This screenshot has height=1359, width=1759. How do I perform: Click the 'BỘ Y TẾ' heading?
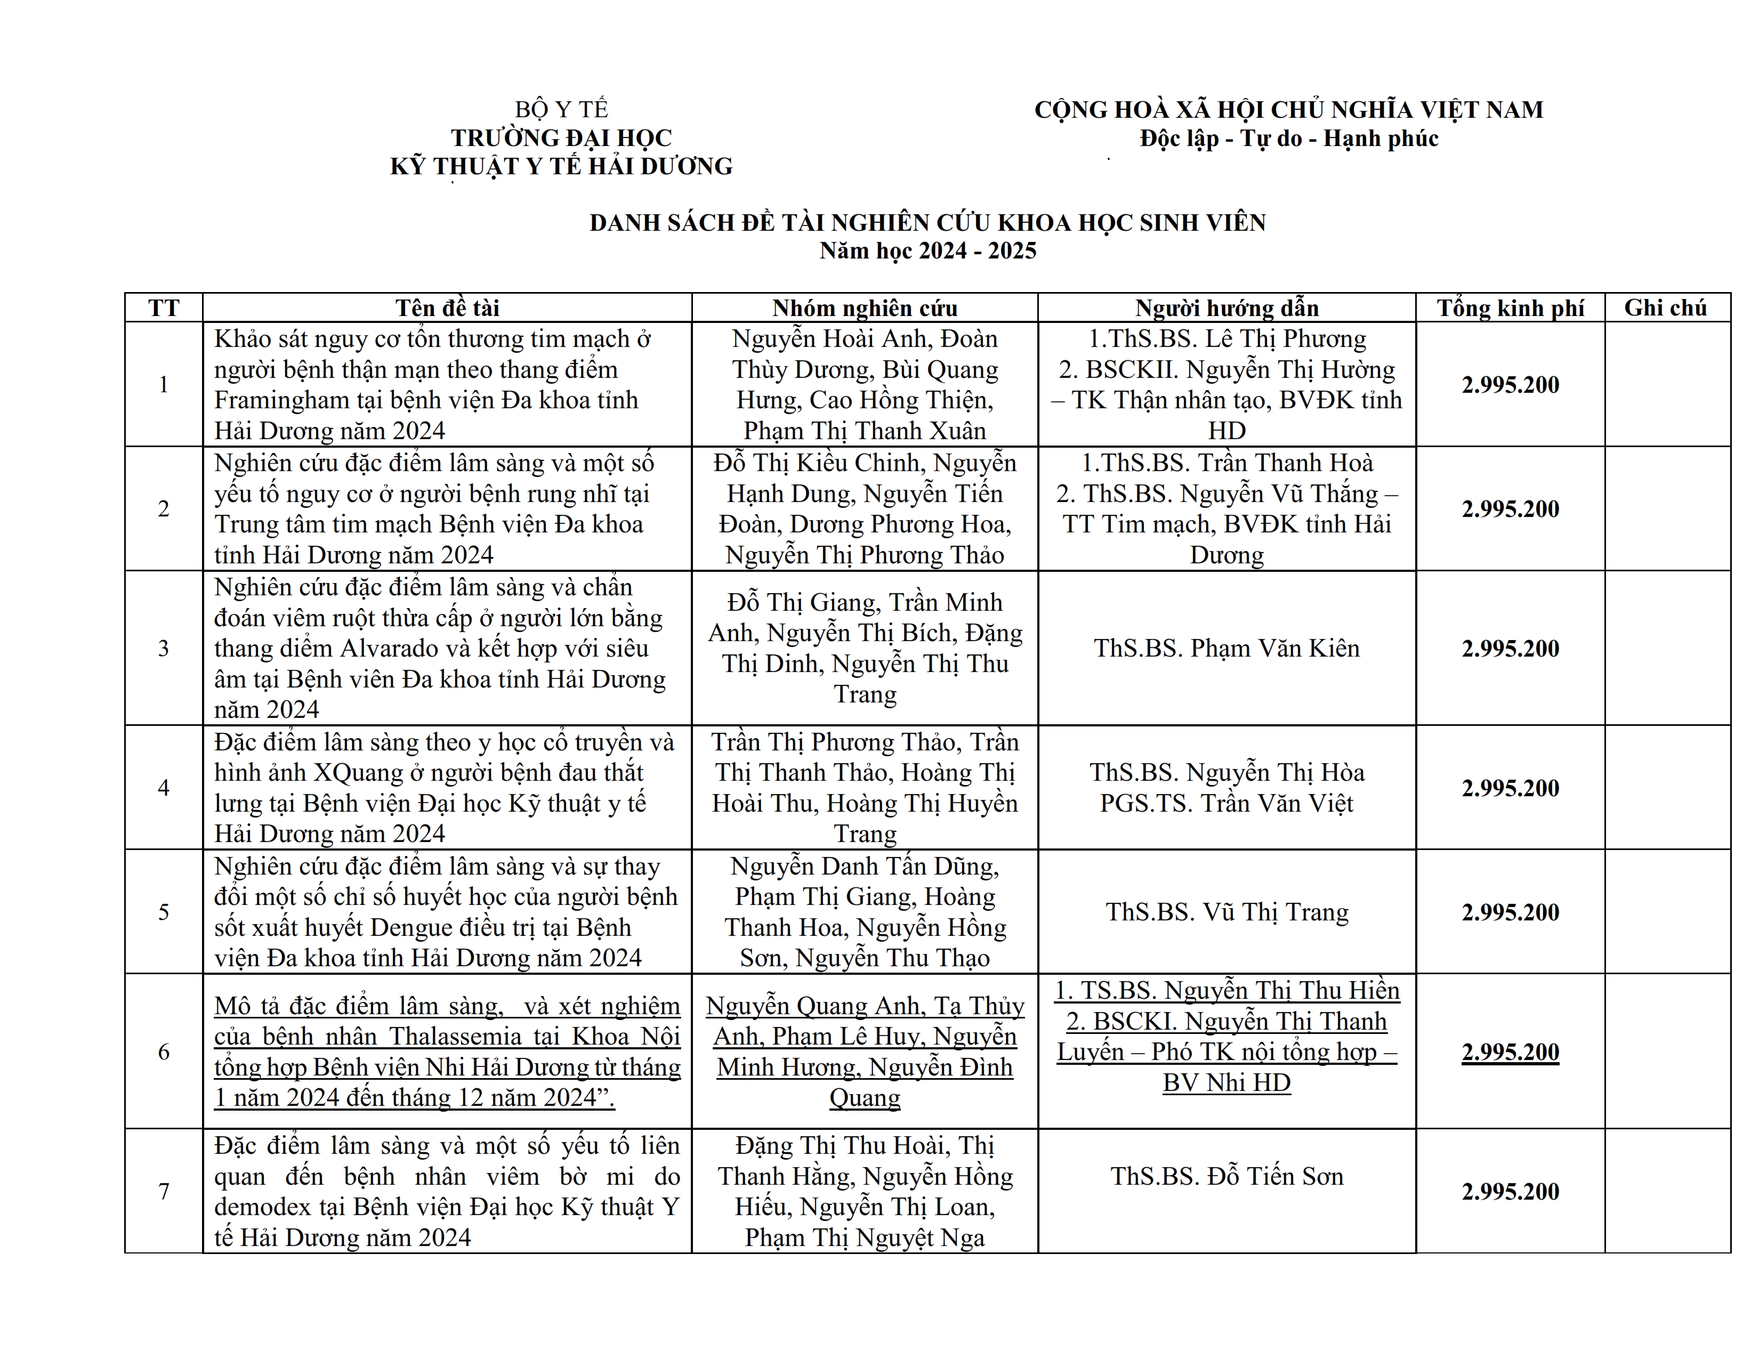point(561,109)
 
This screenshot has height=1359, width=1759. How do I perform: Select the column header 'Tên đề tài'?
point(447,308)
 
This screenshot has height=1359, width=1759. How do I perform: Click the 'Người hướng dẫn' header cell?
point(1227,308)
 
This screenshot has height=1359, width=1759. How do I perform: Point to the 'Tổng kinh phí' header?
point(1510,308)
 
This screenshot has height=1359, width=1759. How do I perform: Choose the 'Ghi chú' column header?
point(1666,308)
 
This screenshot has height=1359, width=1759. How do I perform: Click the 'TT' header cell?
point(164,308)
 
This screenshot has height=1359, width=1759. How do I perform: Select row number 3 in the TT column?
point(164,648)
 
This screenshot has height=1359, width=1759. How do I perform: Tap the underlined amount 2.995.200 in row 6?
point(1510,1051)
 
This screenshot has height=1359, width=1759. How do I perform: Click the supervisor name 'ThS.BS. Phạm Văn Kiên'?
point(1227,648)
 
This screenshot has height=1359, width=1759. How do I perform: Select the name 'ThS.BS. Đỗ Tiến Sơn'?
point(1227,1176)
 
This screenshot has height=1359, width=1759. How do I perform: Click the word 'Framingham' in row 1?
point(282,400)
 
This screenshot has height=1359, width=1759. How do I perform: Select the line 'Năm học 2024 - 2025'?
point(928,250)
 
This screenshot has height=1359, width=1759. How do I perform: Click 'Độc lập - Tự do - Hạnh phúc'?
point(1289,139)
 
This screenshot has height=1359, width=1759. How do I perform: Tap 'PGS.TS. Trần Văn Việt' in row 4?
point(1227,803)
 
